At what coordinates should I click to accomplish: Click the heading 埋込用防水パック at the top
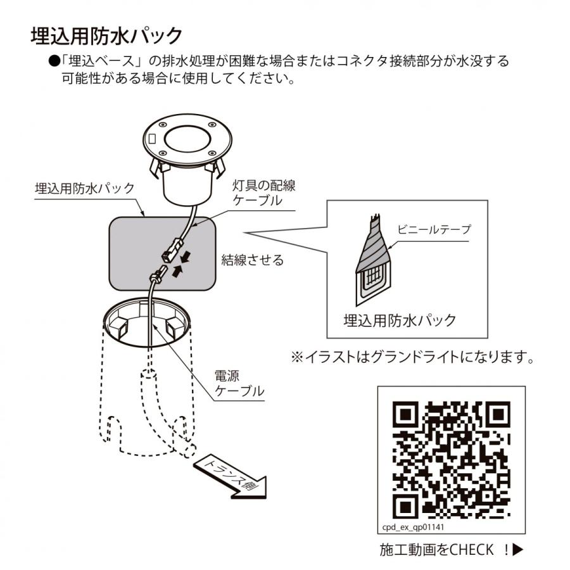[106, 36]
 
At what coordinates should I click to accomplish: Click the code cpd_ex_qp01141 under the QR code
[413, 527]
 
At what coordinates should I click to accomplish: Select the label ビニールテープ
[434, 229]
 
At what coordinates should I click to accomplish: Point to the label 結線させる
[253, 260]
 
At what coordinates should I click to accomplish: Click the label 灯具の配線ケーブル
[264, 193]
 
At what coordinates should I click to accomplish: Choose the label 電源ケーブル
[239, 384]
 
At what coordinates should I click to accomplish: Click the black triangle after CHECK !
[517, 549]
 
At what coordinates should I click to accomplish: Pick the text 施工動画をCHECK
[436, 550]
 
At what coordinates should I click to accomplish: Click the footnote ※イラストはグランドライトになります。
[413, 357]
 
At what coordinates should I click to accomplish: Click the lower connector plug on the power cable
[156, 274]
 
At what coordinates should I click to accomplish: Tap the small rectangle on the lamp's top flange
[153, 138]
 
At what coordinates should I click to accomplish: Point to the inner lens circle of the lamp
[187, 139]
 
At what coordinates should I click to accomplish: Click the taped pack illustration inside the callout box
[372, 260]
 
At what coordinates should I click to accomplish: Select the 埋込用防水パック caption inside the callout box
[400, 320]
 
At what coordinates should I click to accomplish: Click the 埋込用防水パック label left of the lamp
[85, 188]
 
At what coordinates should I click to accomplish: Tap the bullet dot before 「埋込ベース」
[54, 61]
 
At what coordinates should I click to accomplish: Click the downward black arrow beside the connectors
[186, 258]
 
